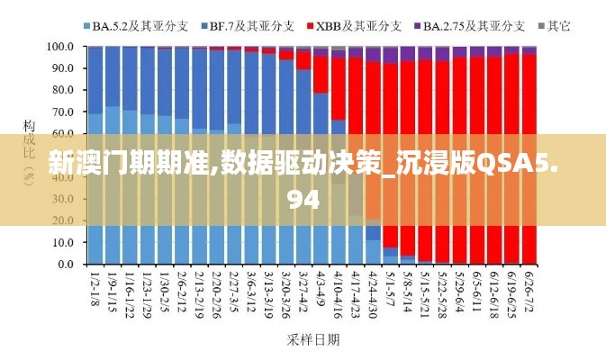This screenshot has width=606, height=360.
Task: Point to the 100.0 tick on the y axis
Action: [59, 46]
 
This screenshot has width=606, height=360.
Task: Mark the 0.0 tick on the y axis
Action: [65, 265]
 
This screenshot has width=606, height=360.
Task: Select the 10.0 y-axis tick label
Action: [62, 243]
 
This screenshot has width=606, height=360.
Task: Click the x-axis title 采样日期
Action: [312, 339]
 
